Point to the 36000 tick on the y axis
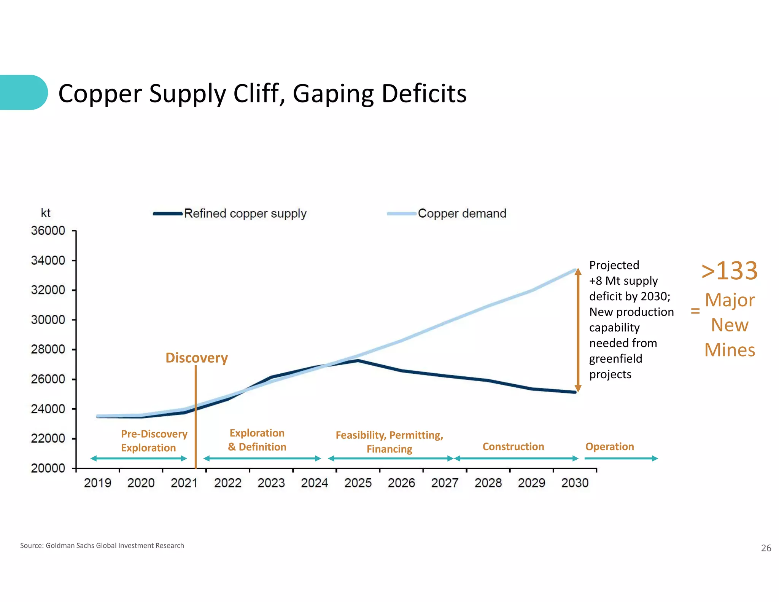(48, 231)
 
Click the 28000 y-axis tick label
(48, 349)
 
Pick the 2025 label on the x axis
(358, 483)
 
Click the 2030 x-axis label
(575, 483)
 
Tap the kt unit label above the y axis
(46, 213)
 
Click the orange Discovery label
(197, 358)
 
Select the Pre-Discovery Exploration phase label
(154, 441)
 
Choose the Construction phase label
(513, 446)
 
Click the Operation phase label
(609, 446)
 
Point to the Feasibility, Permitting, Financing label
(389, 442)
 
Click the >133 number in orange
(729, 271)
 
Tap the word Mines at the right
(729, 350)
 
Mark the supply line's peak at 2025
(358, 360)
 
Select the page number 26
(766, 548)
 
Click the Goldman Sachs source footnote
(102, 545)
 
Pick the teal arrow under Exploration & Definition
(262, 459)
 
